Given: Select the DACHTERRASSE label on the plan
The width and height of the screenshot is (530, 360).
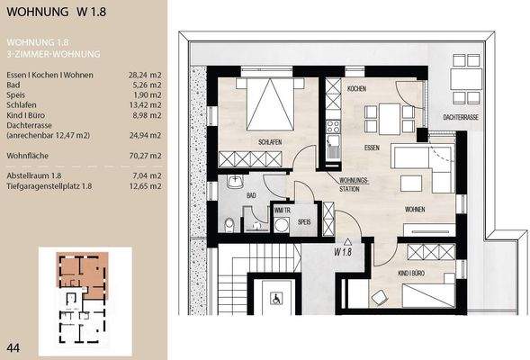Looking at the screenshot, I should coord(460,117).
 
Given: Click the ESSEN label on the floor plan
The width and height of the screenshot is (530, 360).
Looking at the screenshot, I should coord(373,146).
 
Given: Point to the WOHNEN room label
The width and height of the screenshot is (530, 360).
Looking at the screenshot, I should coord(416,209).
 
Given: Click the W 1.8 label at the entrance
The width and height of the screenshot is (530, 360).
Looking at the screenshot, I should coord(342,252).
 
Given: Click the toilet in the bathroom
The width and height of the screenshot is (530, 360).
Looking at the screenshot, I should coord(229,222).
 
